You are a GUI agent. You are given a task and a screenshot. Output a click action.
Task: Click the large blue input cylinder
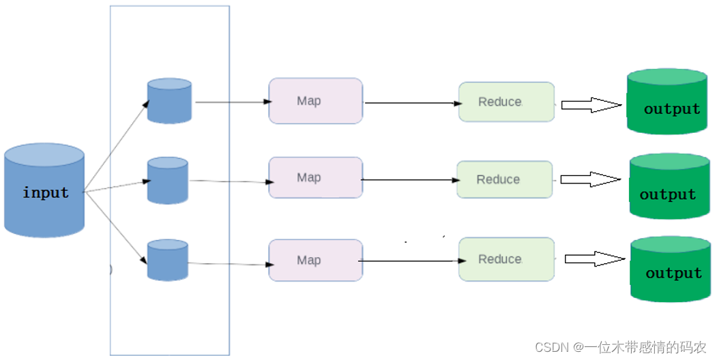coord(44,190)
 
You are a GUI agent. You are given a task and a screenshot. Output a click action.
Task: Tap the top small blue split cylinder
coord(169,100)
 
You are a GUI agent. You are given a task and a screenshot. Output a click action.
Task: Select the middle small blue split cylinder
coord(167,181)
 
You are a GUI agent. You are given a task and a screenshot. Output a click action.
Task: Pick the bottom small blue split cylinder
coord(167,260)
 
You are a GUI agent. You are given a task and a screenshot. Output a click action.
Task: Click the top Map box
coord(315,101)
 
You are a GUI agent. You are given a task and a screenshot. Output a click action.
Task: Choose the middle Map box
coord(315,178)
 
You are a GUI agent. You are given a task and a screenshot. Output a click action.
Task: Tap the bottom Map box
coord(315,260)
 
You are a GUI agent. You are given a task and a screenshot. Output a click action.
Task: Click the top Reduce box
coord(507,102)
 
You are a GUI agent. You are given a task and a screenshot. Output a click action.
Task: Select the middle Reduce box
coord(505,179)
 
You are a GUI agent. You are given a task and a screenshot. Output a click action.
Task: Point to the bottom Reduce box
coord(507,259)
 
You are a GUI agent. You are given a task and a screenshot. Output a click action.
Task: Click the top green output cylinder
coord(667,102)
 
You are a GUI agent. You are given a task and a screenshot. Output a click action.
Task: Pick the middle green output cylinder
coord(670,186)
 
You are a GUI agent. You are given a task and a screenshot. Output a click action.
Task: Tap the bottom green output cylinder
coord(671,269)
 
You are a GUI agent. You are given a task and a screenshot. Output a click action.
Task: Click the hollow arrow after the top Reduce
coord(591,104)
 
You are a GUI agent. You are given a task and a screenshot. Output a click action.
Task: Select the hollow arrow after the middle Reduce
coord(591,179)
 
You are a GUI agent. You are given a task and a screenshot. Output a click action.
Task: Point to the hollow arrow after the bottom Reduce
coord(595,259)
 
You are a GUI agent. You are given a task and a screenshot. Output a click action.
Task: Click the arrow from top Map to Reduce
coord(413,103)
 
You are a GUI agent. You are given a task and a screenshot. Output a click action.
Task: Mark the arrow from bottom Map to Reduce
coord(413,261)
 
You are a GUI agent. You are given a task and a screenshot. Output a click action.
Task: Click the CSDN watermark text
coord(621,347)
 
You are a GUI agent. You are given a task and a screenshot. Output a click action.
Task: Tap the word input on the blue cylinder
coord(46,192)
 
